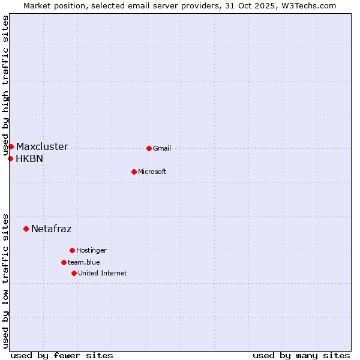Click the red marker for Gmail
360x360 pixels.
[149, 148]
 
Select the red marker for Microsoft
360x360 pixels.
[134, 172]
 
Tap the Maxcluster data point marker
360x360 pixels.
[11, 146]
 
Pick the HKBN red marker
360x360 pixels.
[10, 158]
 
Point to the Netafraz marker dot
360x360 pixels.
[26, 229]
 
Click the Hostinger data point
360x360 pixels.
[72, 250]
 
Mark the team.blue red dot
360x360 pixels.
[64, 262]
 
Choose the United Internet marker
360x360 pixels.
[74, 273]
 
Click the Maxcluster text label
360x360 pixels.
[42, 147]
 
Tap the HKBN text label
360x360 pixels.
[29, 159]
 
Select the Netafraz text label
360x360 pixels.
[51, 229]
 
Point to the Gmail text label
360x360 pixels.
[162, 149]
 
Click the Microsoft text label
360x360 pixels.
[152, 172]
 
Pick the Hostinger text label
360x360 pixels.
[91, 251]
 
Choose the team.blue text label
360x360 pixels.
[84, 263]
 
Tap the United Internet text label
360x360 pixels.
[103, 274]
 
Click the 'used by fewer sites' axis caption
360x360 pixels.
[62, 355]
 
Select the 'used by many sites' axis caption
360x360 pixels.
[301, 355]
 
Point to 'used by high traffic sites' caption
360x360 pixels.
[6, 86]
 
